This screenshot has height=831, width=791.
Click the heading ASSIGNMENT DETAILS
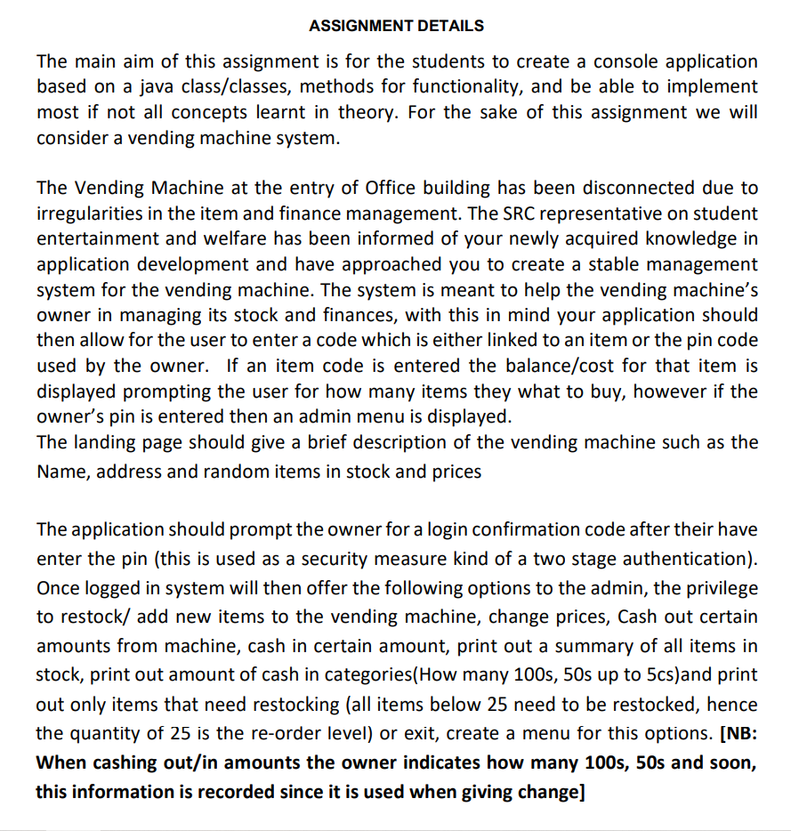click(x=396, y=26)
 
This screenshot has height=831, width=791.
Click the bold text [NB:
click(x=738, y=734)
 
